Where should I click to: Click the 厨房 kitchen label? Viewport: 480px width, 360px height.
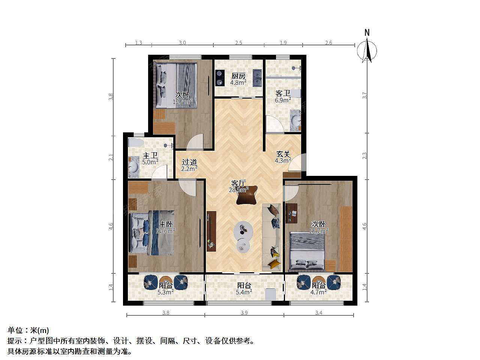[238, 76]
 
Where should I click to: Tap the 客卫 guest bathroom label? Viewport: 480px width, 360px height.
[283, 93]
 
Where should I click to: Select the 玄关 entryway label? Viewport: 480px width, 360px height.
[283, 154]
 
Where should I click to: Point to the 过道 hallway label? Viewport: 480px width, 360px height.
[189, 162]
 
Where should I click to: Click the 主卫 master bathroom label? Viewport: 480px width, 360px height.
[150, 156]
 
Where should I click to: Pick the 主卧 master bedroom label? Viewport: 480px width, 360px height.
[166, 224]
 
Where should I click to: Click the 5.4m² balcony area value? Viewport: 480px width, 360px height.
[244, 292]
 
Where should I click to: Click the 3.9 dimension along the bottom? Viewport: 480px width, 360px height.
[244, 313]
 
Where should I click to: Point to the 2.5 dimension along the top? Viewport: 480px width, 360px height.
[238, 43]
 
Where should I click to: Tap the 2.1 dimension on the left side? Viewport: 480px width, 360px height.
[111, 157]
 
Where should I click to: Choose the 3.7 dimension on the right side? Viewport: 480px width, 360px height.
[364, 95]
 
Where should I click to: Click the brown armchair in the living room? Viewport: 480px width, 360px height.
[247, 195]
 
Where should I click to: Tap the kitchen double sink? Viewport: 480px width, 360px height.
[257, 78]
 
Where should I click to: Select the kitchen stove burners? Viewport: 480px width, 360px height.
[219, 78]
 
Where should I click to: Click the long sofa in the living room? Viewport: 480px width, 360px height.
[271, 237]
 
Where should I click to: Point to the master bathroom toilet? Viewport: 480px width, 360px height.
[136, 143]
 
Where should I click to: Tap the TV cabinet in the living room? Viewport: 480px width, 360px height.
[211, 231]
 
